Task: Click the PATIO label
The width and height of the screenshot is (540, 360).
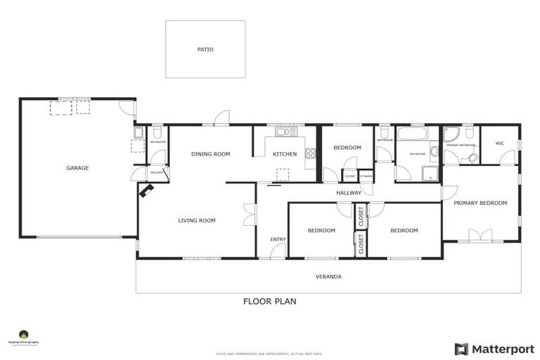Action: [x=205, y=50]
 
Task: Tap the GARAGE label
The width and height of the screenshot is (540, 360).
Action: [x=77, y=168]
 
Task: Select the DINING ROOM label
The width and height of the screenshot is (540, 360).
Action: [x=211, y=154]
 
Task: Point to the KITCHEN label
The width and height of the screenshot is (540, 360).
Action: [x=285, y=154]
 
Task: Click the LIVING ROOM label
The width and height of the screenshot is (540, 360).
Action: [x=196, y=220]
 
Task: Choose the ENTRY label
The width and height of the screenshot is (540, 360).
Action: [x=278, y=240]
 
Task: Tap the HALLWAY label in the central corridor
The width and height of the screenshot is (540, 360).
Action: [x=348, y=193]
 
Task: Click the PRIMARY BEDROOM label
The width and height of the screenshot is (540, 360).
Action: [x=480, y=203]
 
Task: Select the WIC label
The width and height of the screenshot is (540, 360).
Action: [x=500, y=143]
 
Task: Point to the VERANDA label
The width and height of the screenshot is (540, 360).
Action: [x=328, y=276]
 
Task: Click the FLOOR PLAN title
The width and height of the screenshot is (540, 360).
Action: [x=269, y=302]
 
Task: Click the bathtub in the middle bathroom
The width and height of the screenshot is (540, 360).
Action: [x=412, y=134]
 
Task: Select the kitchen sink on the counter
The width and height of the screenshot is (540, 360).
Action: [x=285, y=131]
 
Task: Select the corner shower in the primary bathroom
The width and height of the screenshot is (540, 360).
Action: [x=452, y=134]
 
